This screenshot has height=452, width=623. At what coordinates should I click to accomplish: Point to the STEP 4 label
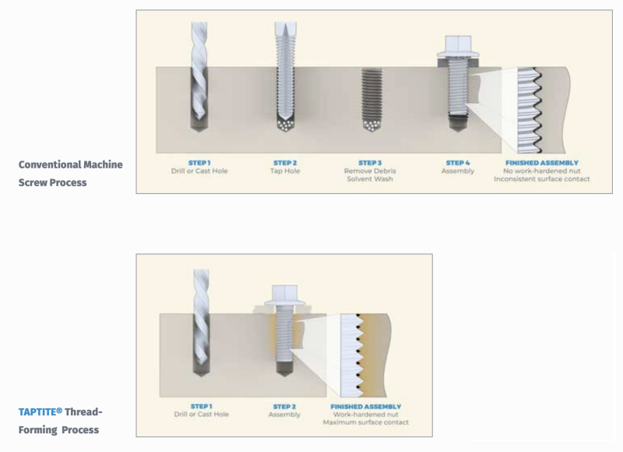point(458,163)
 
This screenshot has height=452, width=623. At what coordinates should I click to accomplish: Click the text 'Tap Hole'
point(285,171)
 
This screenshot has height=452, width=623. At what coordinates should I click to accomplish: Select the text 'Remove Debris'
point(370,171)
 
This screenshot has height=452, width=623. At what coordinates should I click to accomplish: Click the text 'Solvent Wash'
point(370,179)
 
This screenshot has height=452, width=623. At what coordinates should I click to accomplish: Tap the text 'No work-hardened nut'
point(541,171)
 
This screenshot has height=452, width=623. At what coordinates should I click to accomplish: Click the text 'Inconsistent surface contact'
point(541,179)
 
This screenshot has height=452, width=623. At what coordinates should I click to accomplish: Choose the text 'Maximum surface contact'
point(366,422)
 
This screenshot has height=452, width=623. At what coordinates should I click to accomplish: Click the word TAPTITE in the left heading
point(40,411)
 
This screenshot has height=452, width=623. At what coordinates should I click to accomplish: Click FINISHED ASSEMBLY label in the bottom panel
point(366,406)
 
